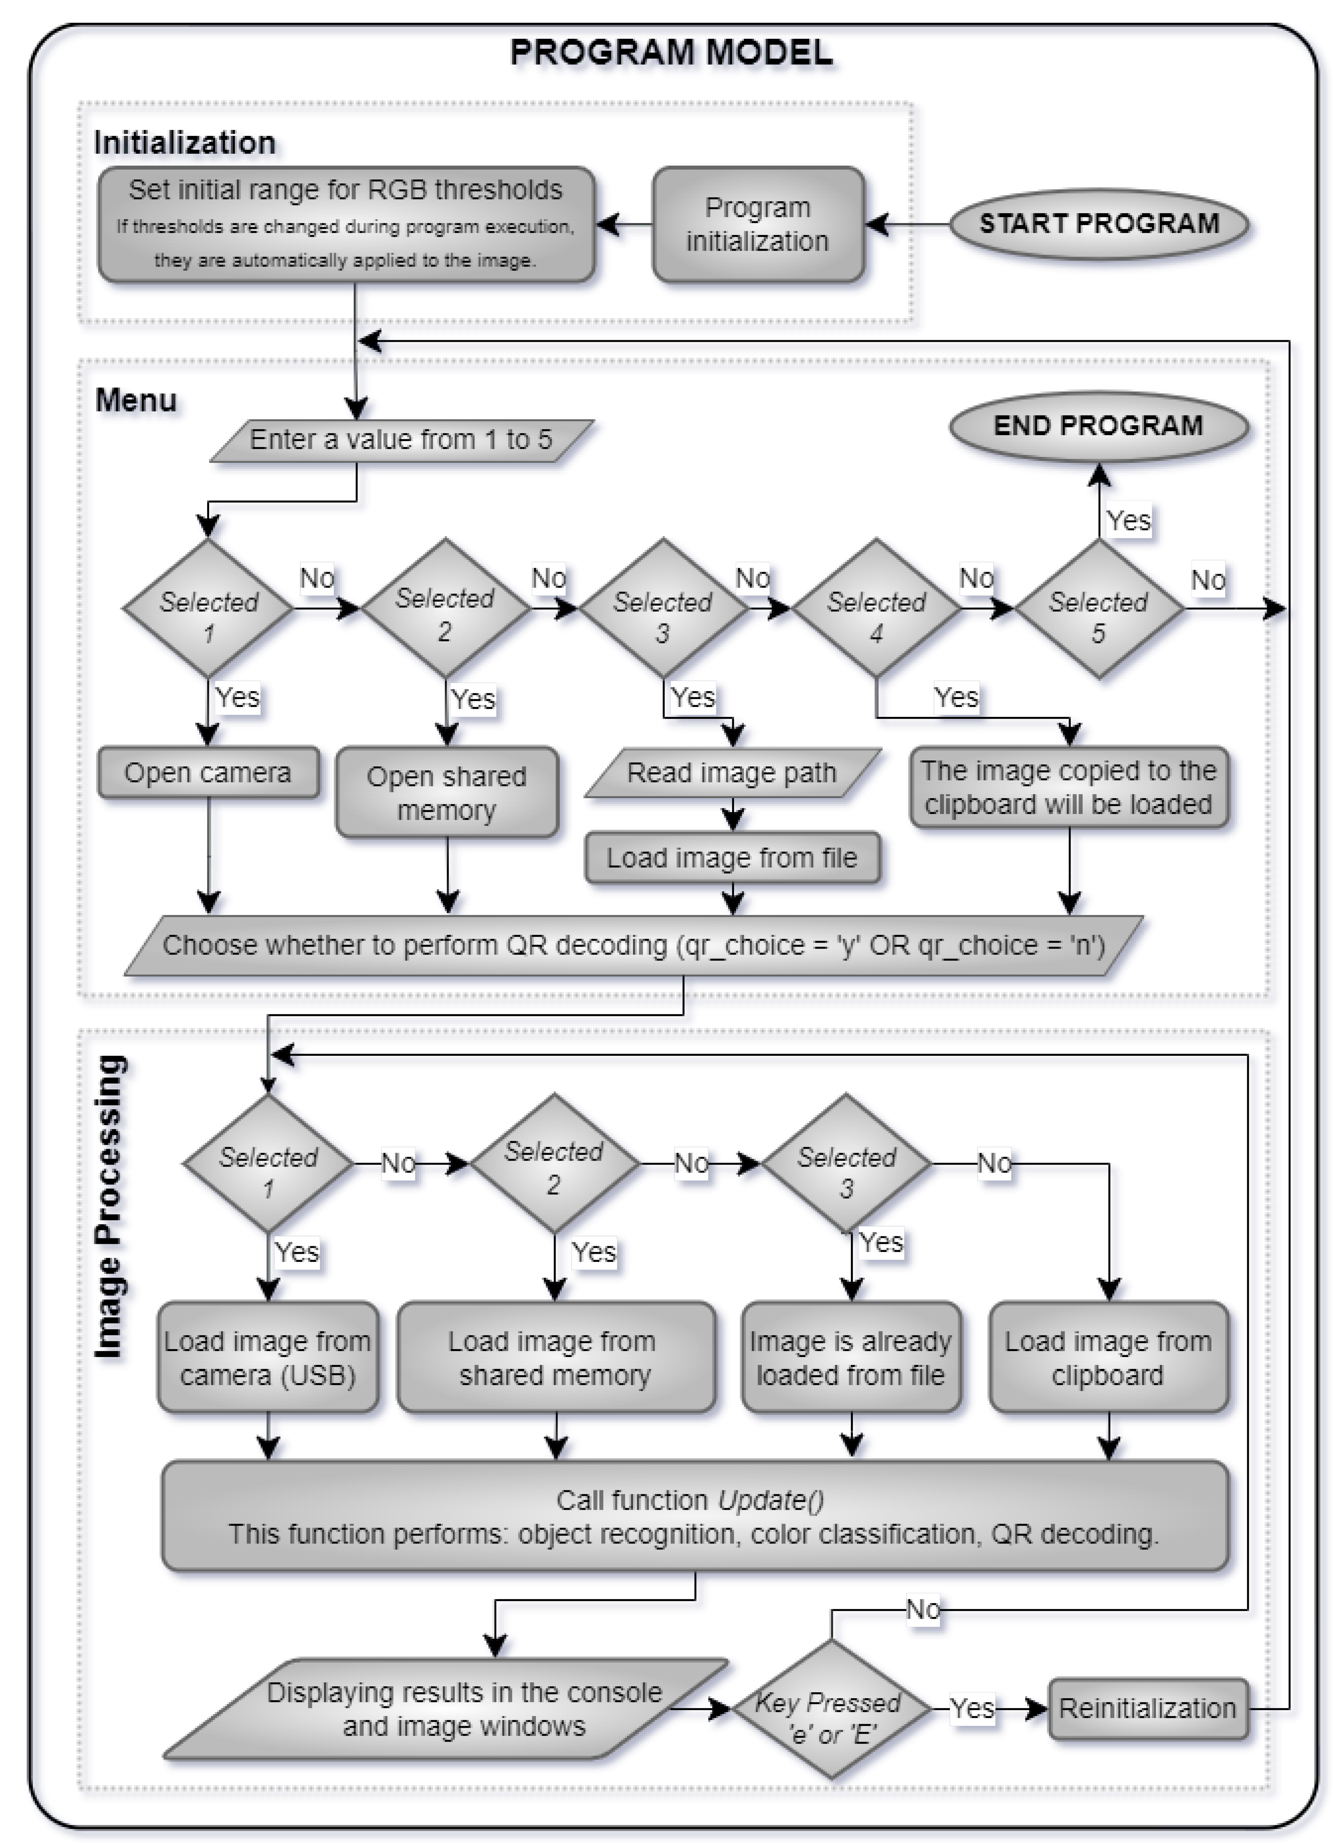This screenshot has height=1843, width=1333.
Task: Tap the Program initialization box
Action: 757,224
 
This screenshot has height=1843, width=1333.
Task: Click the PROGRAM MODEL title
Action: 671,53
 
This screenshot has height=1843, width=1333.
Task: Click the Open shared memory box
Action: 447,792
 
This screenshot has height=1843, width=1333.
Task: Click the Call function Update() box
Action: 695,1516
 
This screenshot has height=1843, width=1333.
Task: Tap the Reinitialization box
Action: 1147,1709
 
